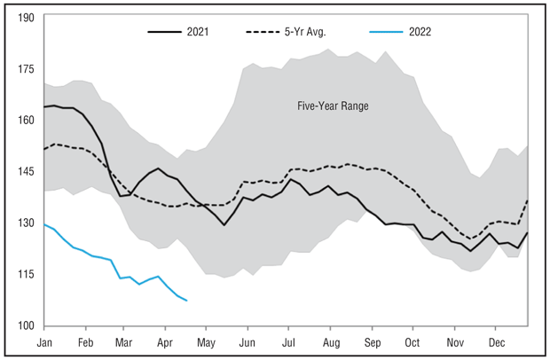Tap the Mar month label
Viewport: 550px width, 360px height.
tap(124, 341)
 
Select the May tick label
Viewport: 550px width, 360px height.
tap(206, 341)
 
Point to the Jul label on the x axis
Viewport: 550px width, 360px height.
tap(288, 341)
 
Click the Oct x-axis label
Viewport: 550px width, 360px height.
tap(412, 341)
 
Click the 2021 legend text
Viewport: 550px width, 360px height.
tap(198, 34)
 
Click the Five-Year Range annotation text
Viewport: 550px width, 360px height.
tap(333, 106)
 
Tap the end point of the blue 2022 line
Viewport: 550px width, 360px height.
tap(187, 301)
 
